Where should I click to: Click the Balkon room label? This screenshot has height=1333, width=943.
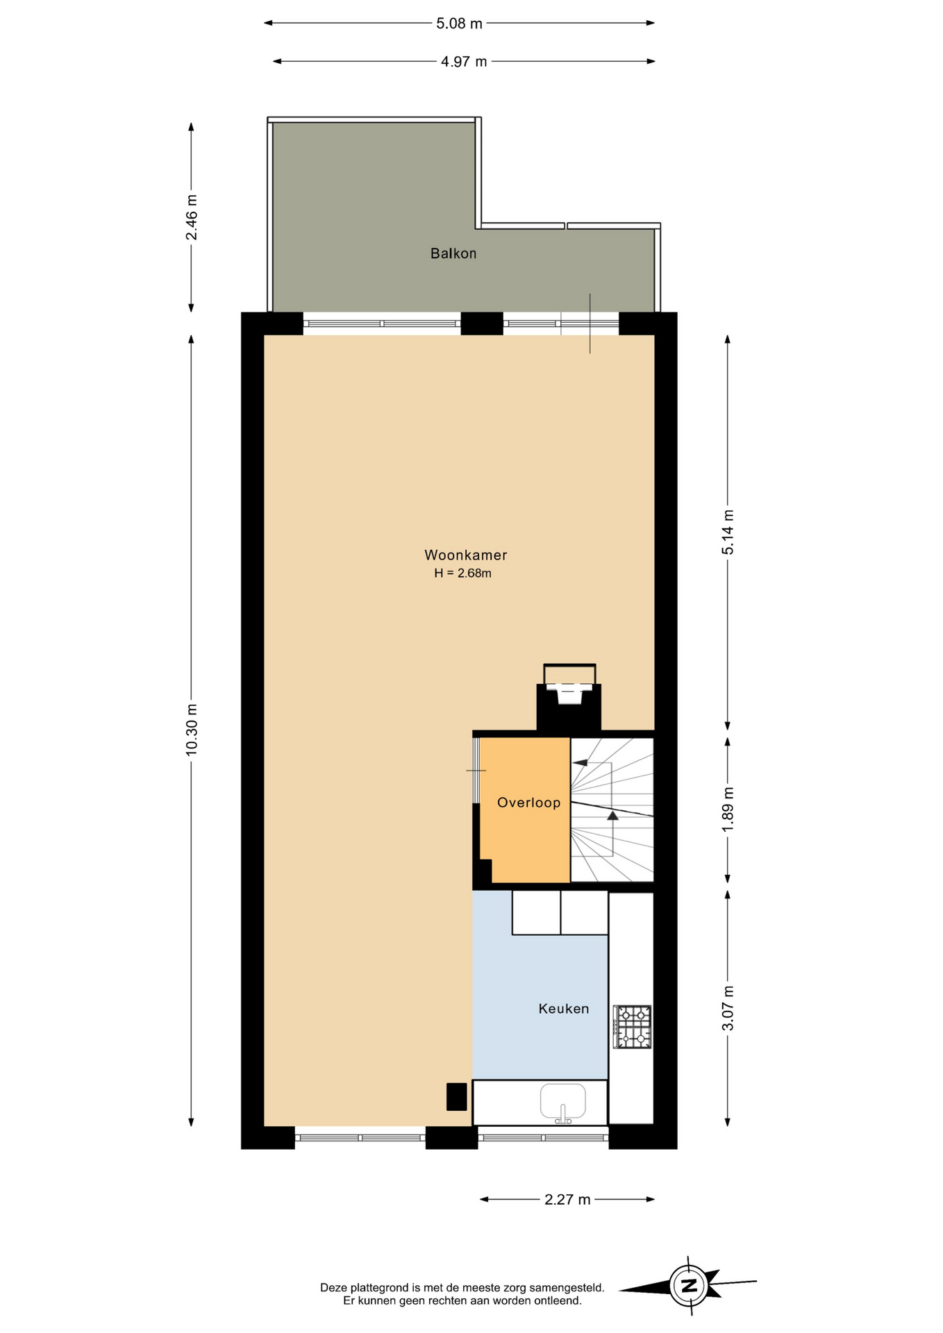point(453,253)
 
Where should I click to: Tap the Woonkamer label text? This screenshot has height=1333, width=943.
point(466,555)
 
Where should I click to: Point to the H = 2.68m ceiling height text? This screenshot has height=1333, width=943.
point(463,573)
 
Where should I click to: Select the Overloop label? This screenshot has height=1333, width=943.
point(528,803)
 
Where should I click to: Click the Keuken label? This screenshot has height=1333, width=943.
point(564,1009)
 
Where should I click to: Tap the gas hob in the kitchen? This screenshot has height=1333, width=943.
point(632,1026)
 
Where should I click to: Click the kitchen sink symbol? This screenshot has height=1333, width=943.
point(563,1103)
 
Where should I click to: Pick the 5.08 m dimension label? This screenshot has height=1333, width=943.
point(459,24)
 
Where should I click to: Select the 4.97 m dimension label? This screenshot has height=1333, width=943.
point(464,62)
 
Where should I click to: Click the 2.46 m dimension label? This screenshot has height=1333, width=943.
point(192,217)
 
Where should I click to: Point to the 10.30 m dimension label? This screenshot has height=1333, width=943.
point(192,729)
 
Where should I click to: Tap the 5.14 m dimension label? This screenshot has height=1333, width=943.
point(728,533)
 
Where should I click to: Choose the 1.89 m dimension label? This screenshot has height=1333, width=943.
point(728,810)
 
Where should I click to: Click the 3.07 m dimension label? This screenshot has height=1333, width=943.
point(728,1008)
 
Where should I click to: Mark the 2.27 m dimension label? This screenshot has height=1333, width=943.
point(567,1200)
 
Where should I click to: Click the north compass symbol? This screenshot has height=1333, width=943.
point(688,1286)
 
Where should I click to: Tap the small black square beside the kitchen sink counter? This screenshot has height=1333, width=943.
point(456,1097)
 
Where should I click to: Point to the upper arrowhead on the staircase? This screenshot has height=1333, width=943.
point(580,763)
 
